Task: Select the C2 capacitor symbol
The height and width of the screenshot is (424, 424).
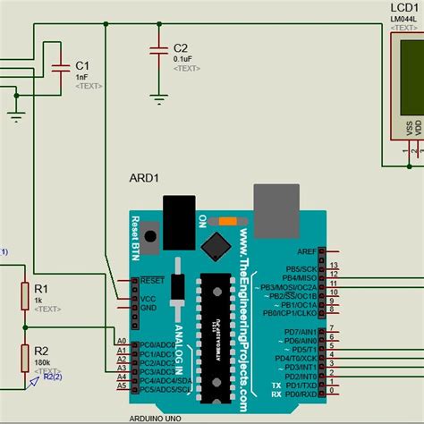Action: (158, 48)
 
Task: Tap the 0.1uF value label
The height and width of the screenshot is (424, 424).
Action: (182, 58)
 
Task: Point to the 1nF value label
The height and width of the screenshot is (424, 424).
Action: (82, 77)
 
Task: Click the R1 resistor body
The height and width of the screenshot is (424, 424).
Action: (24, 295)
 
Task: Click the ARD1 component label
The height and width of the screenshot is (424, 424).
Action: (144, 177)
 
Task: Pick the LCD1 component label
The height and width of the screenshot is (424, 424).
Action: (404, 8)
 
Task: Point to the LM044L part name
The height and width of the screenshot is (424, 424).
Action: (404, 20)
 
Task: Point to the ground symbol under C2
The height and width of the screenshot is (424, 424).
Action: (158, 98)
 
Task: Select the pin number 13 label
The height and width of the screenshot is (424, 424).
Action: (333, 266)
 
